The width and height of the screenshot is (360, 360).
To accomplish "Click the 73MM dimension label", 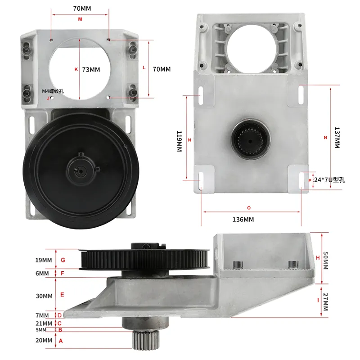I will point(92,69).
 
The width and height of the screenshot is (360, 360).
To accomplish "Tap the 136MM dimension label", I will point(243,220).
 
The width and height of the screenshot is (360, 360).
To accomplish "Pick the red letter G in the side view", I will point(63,260).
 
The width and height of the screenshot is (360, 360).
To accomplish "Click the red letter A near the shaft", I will point(61,341).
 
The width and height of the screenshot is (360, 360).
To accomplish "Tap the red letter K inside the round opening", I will point(76,69).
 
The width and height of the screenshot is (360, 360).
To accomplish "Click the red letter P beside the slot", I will point(310,180).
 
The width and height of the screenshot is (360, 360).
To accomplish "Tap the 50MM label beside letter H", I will point(325,259).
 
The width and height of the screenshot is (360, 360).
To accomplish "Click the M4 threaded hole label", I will point(53,91).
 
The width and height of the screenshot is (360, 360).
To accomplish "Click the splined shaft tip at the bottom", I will point(145,341).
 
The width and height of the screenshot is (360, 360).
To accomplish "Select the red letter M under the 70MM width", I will point(80,19).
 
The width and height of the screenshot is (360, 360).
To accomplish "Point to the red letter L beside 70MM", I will point(144,67).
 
